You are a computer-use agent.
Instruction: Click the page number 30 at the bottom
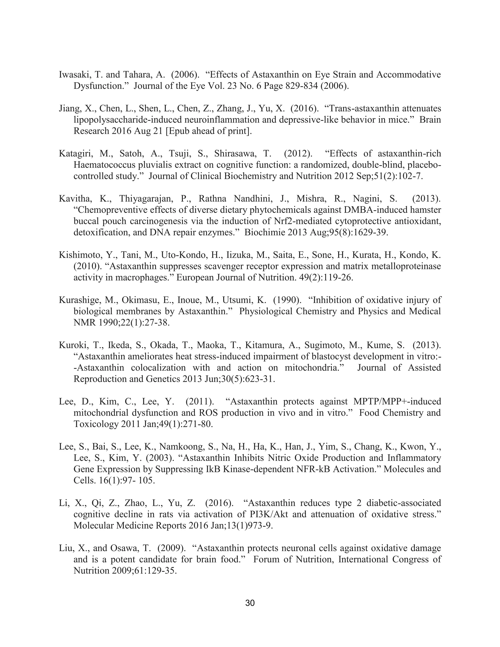250,603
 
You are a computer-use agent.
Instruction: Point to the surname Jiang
68,108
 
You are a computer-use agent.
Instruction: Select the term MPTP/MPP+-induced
397,401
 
